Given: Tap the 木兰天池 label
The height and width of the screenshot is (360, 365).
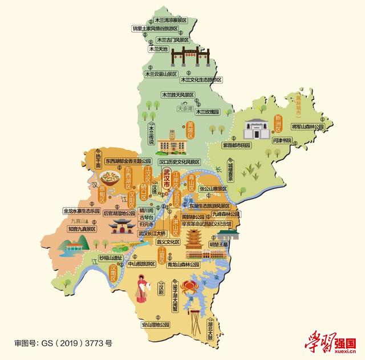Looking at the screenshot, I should click(158, 49).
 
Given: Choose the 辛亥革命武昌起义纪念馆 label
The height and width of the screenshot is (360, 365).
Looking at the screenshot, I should click(206, 225).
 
